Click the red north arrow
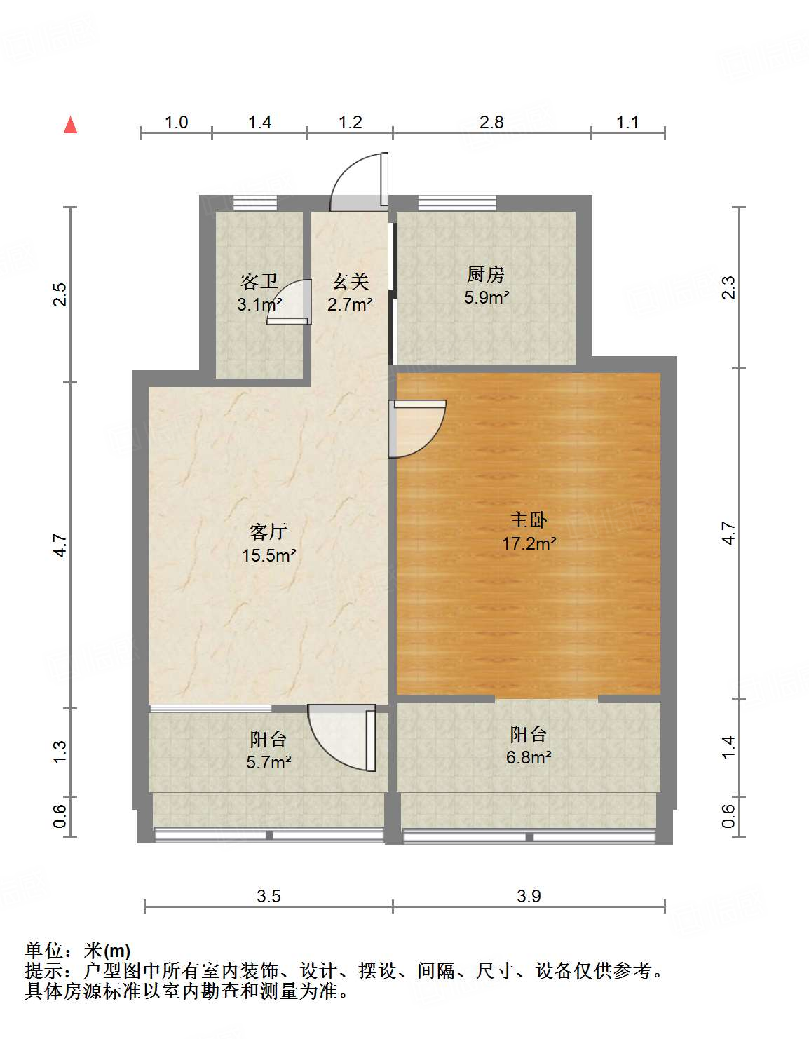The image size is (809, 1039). coord(70,125)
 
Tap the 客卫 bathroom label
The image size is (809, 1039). coord(259,282)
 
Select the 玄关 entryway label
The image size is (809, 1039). coord(350,282)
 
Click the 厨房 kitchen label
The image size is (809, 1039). coord(486,274)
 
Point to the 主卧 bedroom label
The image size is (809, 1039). coord(528,519)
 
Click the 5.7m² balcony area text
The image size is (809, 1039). coord(268,761)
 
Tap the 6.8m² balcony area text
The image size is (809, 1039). coord(529,757)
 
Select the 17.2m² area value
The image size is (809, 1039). coord(529,543)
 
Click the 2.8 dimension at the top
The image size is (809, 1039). coord(491,123)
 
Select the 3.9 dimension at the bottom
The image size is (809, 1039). coord(529,896)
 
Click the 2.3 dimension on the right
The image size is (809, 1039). coord(728,288)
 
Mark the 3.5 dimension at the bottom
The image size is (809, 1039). coord(268,896)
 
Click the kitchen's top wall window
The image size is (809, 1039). coord(457,203)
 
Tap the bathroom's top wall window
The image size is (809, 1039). coord(254,203)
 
